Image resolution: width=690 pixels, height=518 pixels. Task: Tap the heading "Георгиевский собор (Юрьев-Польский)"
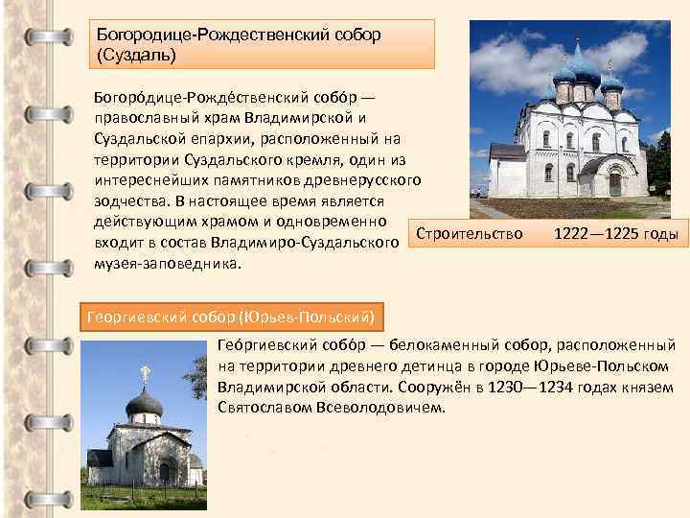tap(231, 316)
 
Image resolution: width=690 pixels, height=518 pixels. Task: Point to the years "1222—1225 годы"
tap(615, 234)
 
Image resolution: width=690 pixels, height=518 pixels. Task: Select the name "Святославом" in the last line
tap(263, 408)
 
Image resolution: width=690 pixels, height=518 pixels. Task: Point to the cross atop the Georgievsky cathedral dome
tap(146, 372)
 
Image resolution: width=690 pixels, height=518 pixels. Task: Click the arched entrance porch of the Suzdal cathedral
tap(610, 177)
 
